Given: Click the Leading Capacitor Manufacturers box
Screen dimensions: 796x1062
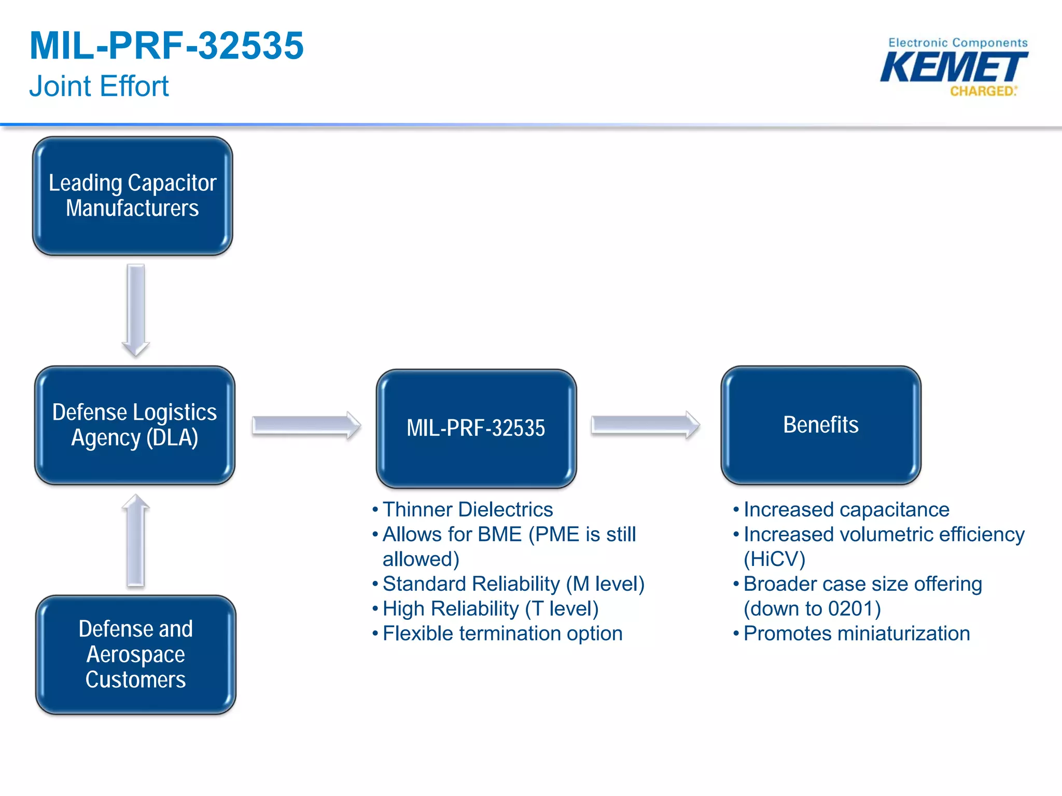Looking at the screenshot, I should [x=132, y=196].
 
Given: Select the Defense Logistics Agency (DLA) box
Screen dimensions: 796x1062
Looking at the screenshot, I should [x=134, y=425].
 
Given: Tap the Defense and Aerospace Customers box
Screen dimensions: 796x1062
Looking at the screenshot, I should [x=135, y=655].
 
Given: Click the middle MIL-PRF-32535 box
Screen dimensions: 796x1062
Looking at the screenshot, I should [x=476, y=428].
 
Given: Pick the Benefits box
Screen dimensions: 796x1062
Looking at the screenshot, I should [x=820, y=425].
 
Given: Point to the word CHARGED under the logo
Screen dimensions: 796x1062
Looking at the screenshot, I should [x=982, y=91].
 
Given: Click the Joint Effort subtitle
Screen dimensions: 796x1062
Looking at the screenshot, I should [x=99, y=86].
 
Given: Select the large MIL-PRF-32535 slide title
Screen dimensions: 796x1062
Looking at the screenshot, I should [x=166, y=46].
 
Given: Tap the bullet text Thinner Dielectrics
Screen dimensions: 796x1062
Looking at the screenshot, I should [x=467, y=509].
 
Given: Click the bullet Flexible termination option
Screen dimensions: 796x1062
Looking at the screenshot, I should [x=502, y=633].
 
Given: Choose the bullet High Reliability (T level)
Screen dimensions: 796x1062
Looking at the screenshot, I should [x=490, y=608].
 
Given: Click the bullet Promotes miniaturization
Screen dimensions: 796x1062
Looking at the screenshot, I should [x=856, y=633].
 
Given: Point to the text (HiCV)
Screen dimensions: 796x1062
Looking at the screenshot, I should [x=774, y=559].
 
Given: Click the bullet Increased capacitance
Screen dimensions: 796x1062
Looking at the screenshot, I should [x=846, y=509].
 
